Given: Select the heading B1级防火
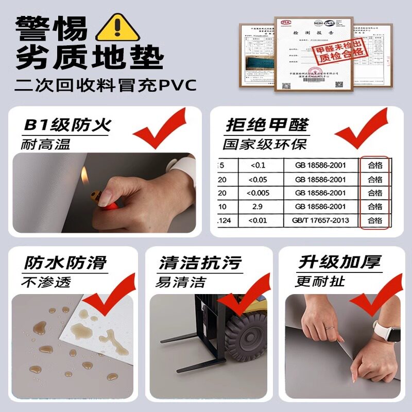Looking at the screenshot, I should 67,125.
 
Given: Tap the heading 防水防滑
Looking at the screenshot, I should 65,263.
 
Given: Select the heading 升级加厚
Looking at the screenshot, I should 340,262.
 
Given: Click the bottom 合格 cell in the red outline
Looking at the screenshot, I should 375,220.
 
